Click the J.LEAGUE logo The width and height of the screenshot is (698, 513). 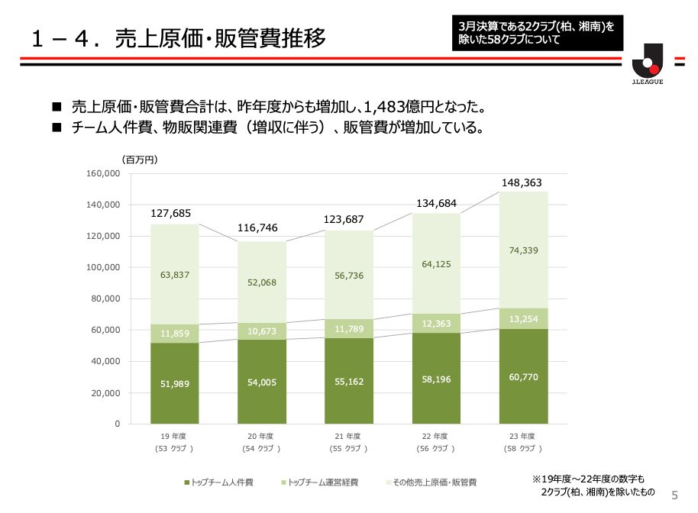coord(647,64)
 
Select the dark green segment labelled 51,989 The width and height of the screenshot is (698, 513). coord(174,383)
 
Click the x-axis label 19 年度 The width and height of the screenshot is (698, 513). coord(174,436)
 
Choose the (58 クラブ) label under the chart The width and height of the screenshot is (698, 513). coord(523,449)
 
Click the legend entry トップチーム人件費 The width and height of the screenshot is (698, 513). coord(222,482)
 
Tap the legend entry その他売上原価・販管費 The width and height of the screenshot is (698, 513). coord(435,482)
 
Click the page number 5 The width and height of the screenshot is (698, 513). coord(674,495)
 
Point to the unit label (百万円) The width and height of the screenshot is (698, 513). coord(139,159)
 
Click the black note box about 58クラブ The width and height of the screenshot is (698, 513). coord(536,31)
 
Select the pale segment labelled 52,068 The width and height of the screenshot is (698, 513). coord(261,282)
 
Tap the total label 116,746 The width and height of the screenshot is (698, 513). coord(257,227)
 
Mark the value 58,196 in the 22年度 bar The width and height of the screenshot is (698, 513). coord(436,378)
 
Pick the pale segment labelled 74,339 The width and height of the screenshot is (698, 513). coord(523,250)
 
